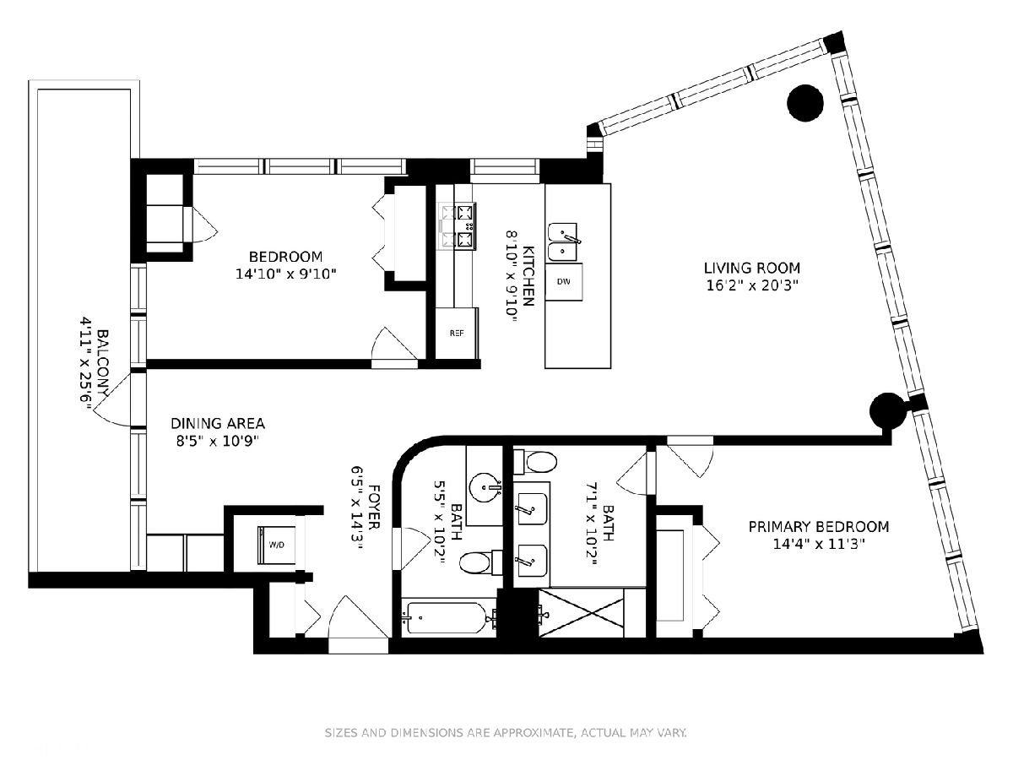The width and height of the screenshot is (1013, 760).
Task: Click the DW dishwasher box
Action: coord(564,281)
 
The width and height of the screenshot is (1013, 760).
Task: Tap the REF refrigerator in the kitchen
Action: coord(457,333)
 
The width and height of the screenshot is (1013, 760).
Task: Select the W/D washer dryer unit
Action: coord(276,545)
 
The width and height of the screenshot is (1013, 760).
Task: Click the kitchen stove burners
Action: coord(458,226)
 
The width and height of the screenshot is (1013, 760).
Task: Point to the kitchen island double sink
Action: coord(561,242)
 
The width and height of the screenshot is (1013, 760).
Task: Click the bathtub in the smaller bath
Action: coord(445,618)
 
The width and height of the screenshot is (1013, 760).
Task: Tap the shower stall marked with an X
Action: coord(582,613)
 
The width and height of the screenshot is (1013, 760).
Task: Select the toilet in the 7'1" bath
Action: coord(535,462)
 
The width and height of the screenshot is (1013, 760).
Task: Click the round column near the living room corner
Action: coord(804,103)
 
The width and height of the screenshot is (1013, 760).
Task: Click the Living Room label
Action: coord(752,268)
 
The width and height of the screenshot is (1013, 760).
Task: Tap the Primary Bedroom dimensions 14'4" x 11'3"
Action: coord(819,545)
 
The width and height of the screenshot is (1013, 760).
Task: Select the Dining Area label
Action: coord(217,423)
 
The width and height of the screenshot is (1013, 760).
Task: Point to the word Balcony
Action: coord(103,363)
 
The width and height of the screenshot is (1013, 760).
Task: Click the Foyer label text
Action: coord(373,507)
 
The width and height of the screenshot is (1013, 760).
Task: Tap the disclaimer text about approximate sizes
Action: coord(506,733)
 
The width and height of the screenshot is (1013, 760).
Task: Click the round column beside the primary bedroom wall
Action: coord(887,410)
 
